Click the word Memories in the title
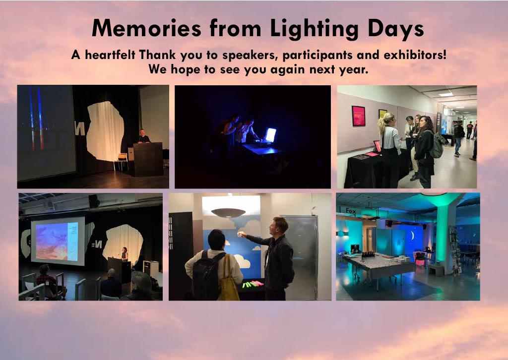[146, 28]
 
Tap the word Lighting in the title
[314, 29]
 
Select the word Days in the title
[396, 30]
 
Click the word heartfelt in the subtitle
[110, 55]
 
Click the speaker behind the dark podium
[143, 136]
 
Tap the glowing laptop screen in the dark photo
[270, 135]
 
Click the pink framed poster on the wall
[359, 116]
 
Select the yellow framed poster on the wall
[382, 114]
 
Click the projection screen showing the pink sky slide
[58, 241]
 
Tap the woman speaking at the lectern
[124, 254]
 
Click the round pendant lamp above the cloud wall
[228, 212]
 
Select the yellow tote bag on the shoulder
[229, 280]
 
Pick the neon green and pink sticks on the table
[253, 284]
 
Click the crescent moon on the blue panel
[413, 236]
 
